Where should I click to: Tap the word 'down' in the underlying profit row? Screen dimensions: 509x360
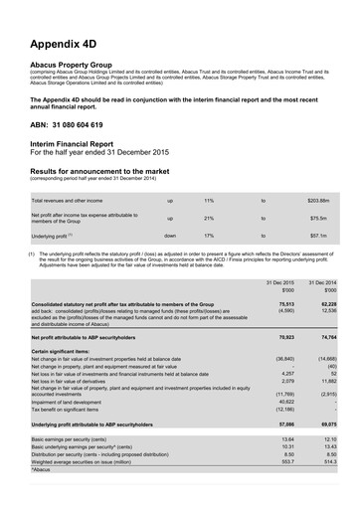(x=170, y=236)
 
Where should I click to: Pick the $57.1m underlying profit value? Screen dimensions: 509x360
(x=318, y=236)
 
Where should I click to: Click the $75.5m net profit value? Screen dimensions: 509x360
(x=318, y=218)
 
